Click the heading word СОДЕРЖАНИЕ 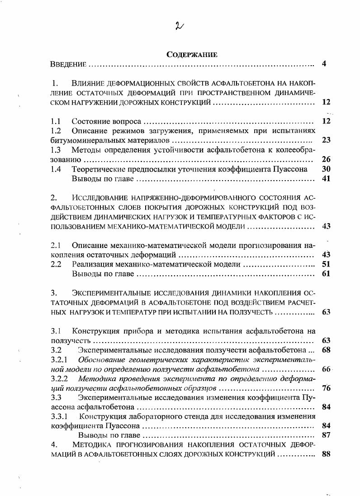pos(192,55)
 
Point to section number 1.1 pos(56,121)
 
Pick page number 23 pos(326,140)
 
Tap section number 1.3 pos(56,150)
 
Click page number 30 pos(326,169)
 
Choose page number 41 pos(326,178)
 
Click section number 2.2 pos(56,264)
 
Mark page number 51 pos(326,264)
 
